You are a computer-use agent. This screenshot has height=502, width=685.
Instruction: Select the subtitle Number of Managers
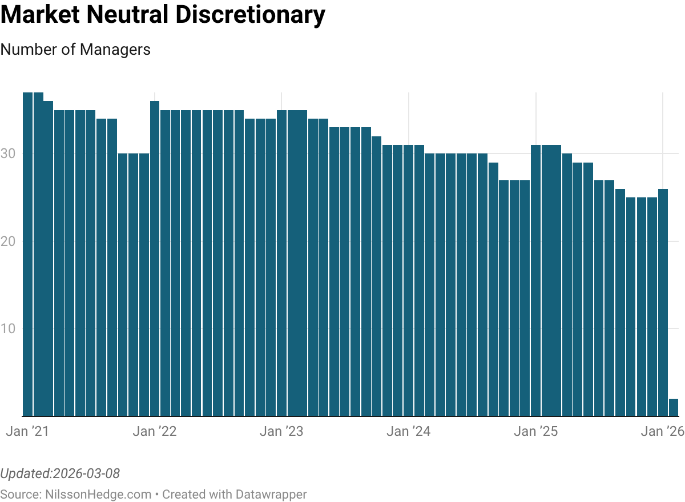[75, 50]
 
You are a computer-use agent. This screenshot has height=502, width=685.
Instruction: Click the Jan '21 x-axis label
[27, 431]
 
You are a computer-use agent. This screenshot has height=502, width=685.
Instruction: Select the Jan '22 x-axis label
[155, 431]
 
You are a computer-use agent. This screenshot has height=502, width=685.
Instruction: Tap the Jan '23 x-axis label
[281, 431]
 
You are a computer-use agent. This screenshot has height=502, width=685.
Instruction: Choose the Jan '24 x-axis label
[408, 431]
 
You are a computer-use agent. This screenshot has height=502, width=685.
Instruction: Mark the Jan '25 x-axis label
[535, 431]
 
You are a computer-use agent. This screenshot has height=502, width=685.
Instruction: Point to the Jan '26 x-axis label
[662, 431]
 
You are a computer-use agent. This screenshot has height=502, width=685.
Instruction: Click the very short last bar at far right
[674, 408]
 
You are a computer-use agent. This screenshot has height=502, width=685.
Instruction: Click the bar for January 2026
[663, 302]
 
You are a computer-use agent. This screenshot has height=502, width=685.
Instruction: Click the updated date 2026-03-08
[86, 473]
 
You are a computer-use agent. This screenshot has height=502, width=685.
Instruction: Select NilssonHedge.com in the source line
[98, 494]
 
